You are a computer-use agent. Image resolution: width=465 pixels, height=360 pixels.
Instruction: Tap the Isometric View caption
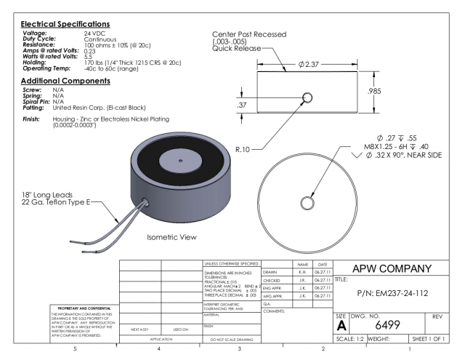coord(172,237)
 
